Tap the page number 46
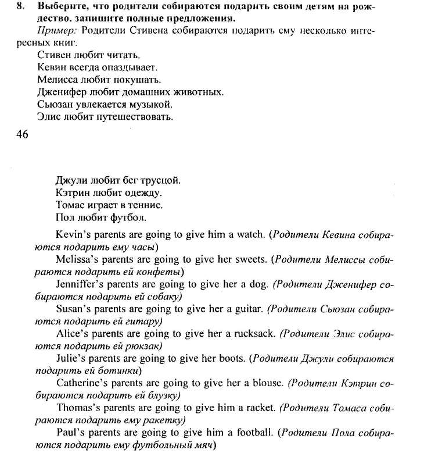23,134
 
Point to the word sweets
253,259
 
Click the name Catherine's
84,383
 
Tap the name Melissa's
78,259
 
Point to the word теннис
144,205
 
